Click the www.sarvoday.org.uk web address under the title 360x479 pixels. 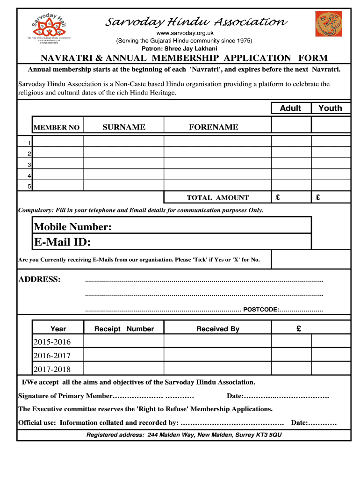pyautogui.click(x=184, y=33)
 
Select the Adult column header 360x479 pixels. pyautogui.click(x=290, y=108)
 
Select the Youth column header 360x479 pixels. pyautogui.click(x=330, y=108)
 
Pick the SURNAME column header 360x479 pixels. pyautogui.click(x=124, y=127)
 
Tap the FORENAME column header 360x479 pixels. pyautogui.click(x=213, y=127)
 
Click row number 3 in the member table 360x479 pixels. pyautogui.click(x=29, y=165)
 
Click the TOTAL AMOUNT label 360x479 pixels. pyautogui.click(x=218, y=198)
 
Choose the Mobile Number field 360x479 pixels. pyautogui.click(x=172, y=227)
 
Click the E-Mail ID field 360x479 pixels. pyautogui.click(x=172, y=242)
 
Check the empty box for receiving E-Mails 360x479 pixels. pyautogui.click(x=310, y=260)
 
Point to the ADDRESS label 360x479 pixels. pyautogui.click(x=39, y=280)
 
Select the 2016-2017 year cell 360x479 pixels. pyautogui.click(x=52, y=355)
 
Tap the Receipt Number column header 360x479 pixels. pyautogui.click(x=124, y=329)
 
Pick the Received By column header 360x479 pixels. pyautogui.click(x=217, y=329)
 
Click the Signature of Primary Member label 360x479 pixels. pyautogui.click(x=65, y=396)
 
